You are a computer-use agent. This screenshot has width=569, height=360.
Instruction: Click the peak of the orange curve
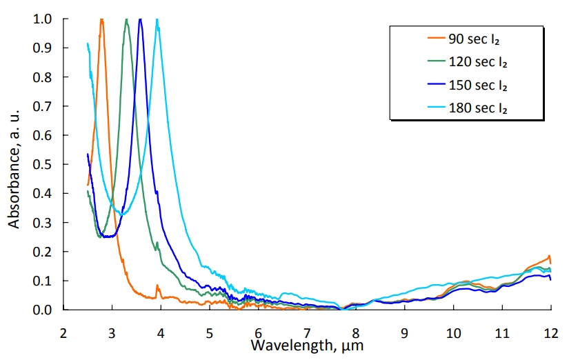click(102, 20)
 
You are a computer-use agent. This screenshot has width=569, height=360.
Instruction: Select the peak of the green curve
click(126, 20)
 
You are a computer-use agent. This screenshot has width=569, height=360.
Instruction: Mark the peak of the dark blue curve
click(141, 20)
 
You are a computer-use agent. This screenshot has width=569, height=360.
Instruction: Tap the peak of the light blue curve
click(158, 21)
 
